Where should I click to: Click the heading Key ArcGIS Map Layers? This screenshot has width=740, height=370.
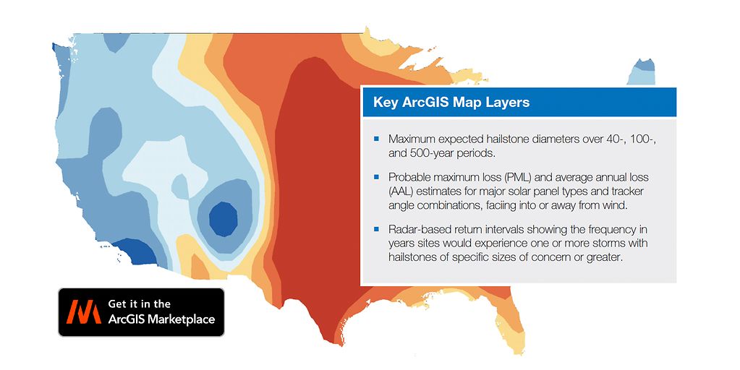pos(451,102)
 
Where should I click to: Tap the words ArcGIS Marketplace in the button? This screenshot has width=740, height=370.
pos(161,319)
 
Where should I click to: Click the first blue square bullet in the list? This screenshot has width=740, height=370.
pos(376,137)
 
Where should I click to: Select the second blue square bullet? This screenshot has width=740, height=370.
pos(376,176)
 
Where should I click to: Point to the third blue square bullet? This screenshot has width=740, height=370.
pos(376,229)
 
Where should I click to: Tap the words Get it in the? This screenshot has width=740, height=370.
pos(139,304)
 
